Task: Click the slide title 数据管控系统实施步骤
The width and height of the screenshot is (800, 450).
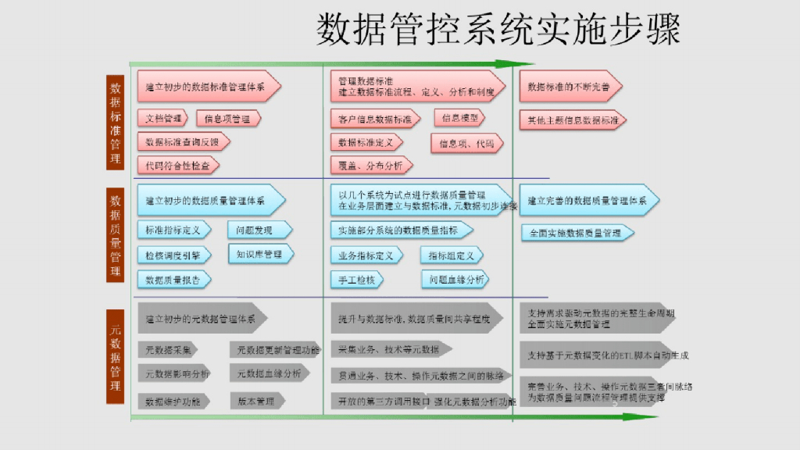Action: click(498, 30)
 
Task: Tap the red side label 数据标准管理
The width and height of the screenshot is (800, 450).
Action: click(116, 123)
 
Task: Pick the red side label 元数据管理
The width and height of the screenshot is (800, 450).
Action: click(116, 355)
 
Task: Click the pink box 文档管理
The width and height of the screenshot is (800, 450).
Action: click(164, 119)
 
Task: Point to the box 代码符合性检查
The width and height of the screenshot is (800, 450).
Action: click(178, 166)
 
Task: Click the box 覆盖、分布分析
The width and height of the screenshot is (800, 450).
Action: click(371, 166)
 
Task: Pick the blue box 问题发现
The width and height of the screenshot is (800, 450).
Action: click(259, 230)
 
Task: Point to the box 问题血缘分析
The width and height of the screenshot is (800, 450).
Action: click(455, 279)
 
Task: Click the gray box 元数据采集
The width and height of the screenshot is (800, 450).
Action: click(169, 349)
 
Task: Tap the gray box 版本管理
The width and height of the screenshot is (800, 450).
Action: click(257, 401)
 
